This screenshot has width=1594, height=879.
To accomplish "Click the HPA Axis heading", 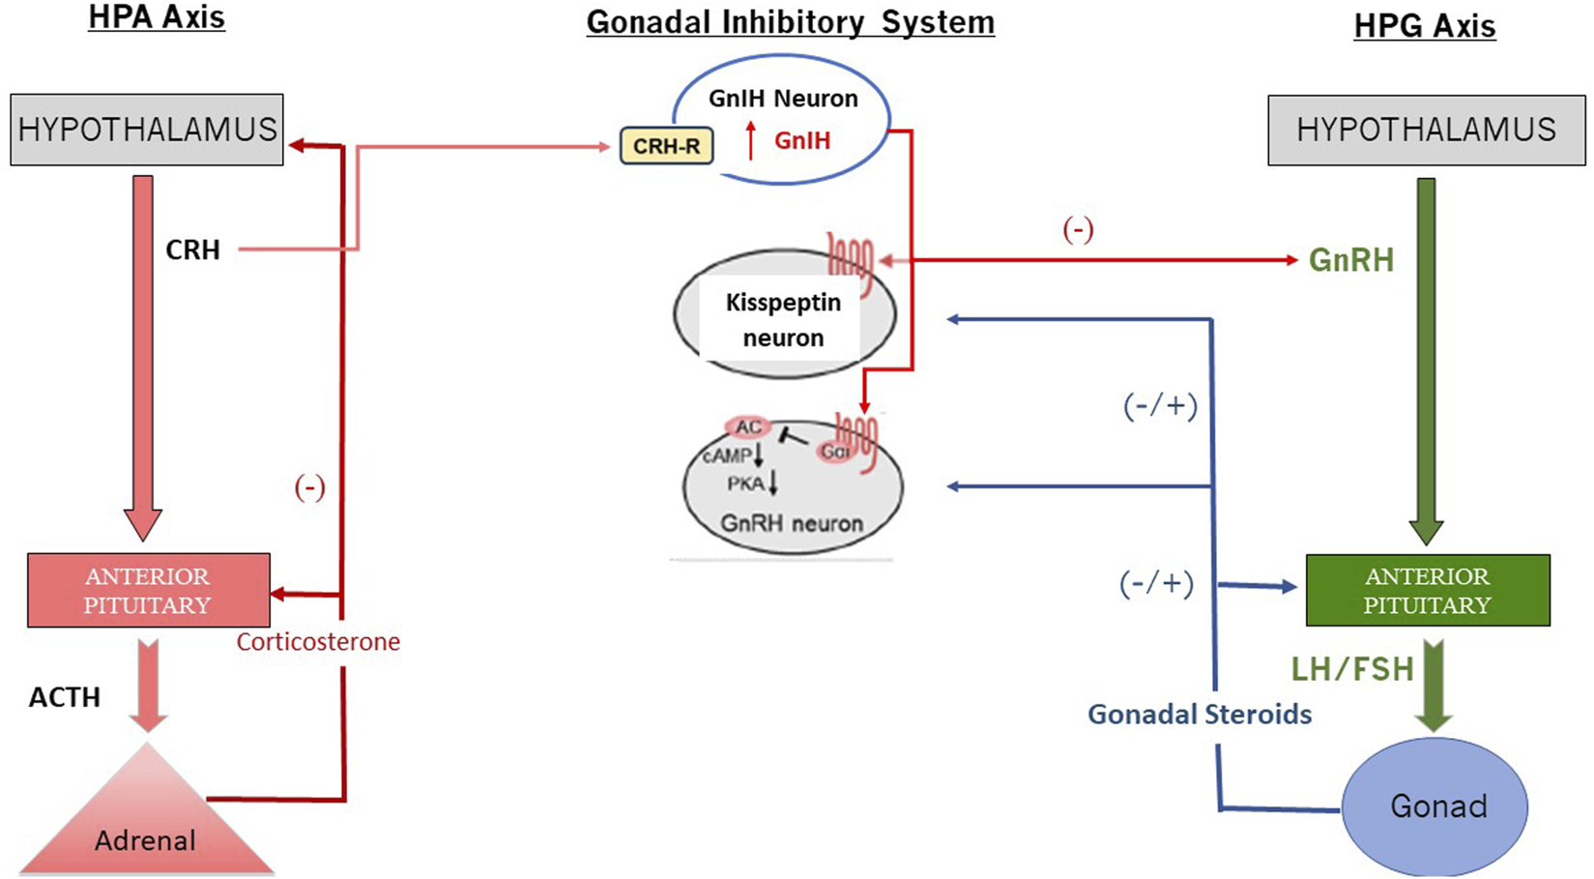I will pos(157,17).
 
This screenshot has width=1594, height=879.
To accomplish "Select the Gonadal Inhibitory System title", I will pos(790,22).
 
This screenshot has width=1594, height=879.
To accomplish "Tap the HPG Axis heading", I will pos(1424,26).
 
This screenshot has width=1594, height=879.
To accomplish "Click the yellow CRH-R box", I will pos(666,147).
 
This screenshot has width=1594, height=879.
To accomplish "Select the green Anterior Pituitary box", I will pos(1427,591).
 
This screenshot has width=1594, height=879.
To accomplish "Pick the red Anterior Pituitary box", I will pos(148,591).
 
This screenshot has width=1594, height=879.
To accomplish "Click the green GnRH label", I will pos(1350,260).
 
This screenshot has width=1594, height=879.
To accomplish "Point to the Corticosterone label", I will pos(318,642).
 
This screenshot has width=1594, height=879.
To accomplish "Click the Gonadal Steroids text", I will pos(1199,715).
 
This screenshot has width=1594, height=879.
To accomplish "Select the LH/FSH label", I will pos(1351,669).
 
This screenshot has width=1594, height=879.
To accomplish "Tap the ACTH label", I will pos(65,697).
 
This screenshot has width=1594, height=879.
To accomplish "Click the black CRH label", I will pos(192,250).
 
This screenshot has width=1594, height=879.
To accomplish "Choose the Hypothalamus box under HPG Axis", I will pos(1426,130).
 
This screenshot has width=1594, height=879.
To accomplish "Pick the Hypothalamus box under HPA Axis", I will pos(147,130).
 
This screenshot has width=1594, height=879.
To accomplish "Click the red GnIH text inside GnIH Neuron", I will pos(802,141).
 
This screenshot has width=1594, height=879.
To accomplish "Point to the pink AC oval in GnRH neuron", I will pos(747,427).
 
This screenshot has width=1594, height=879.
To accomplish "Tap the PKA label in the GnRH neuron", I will pos(745,483).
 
